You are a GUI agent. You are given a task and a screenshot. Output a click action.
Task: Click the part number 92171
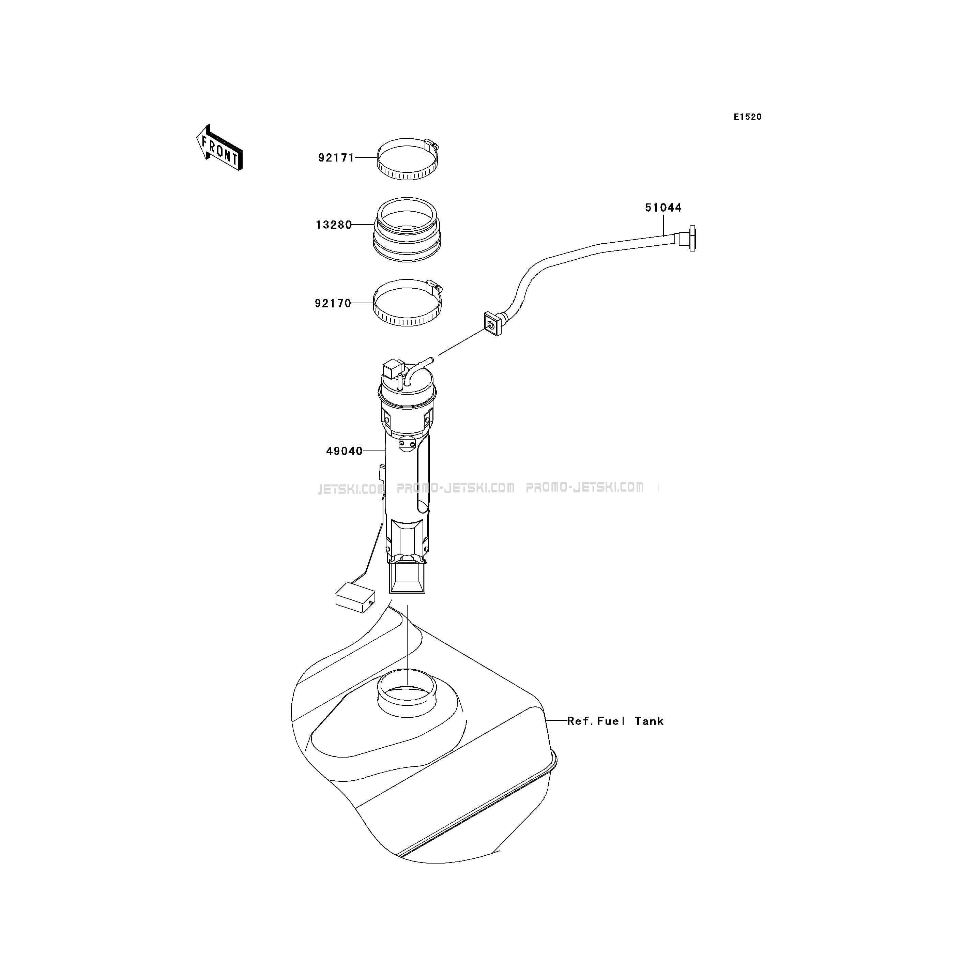[336, 158]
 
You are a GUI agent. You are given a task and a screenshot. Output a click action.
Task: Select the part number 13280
[334, 225]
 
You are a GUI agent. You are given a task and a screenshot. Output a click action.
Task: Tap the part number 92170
[333, 303]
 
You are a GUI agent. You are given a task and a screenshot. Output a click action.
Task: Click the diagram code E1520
[748, 117]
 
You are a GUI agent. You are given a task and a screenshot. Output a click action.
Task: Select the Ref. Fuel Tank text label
[615, 721]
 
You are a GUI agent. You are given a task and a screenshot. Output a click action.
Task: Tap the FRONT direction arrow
[219, 147]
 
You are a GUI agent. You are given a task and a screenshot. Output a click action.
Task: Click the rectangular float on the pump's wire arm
[355, 597]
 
